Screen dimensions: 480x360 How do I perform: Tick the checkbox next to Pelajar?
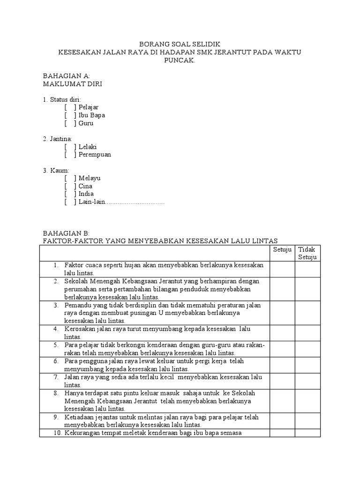coord(71,107)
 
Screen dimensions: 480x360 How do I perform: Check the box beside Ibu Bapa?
coord(71,115)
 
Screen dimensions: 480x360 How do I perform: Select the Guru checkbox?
coord(71,123)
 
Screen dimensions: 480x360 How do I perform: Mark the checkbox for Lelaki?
coord(71,147)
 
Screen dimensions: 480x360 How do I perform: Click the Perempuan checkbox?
coord(71,155)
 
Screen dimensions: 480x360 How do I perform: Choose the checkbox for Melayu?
coord(71,178)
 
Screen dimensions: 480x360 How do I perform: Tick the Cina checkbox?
coord(71,186)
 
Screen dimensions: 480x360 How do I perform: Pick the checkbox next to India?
coord(71,194)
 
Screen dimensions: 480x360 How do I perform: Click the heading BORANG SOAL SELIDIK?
coord(180,44)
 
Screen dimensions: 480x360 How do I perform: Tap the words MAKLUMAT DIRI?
coord(72,84)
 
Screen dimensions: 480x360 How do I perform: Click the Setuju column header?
coord(282,249)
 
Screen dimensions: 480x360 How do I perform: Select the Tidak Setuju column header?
coord(307,253)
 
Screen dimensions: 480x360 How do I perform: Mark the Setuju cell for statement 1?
coord(282,269)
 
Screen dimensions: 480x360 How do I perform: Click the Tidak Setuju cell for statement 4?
coord(307,332)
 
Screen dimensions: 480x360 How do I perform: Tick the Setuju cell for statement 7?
coord(282,380)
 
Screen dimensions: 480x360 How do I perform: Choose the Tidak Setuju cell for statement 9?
coord(307,420)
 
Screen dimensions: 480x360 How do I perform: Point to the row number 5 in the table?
coord(55,345)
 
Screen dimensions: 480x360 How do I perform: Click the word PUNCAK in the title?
coord(180,60)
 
